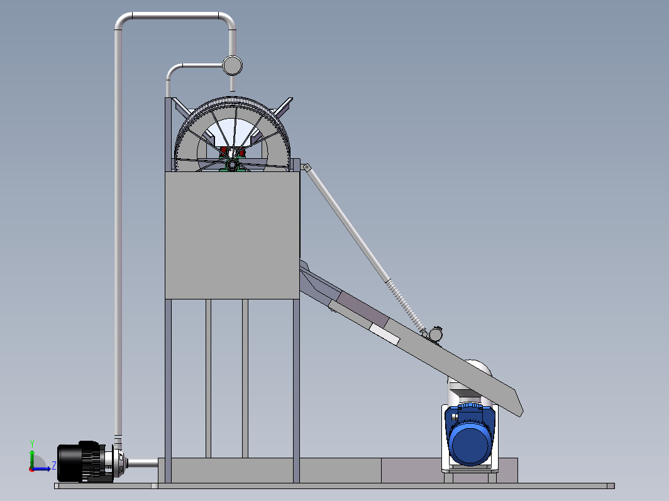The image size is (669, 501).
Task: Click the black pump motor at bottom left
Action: click(81, 462)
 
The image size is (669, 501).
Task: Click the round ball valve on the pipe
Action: click(233, 65)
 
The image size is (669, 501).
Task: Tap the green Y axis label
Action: click(32, 444)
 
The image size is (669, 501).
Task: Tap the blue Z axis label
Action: click(54, 465)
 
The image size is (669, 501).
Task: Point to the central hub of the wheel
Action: click(232, 164)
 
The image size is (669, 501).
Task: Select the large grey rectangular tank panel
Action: click(232, 235)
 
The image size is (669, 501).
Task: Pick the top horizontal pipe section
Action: click(175, 16)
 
